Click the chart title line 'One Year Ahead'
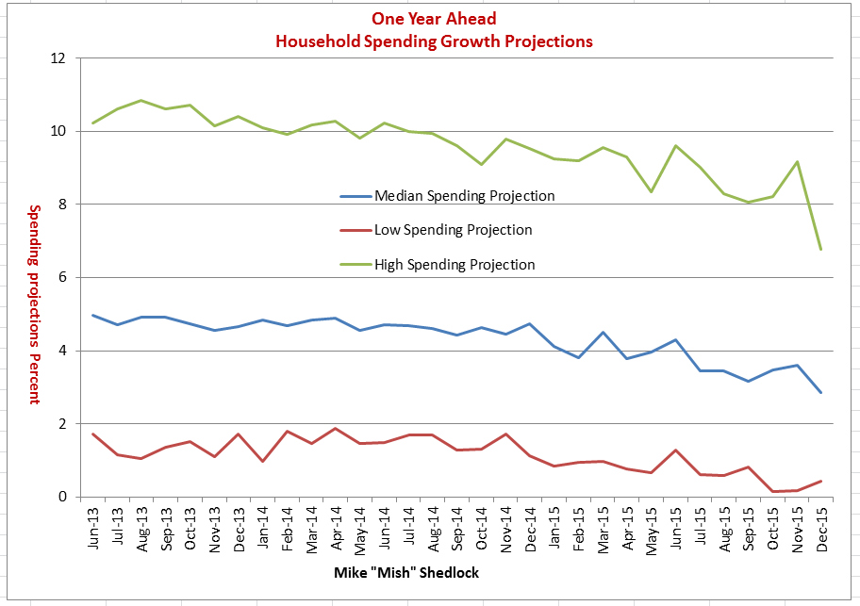click(434, 19)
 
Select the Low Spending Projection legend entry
click(453, 230)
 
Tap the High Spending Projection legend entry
click(455, 265)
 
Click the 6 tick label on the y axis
click(63, 278)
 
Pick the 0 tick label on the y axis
click(63, 497)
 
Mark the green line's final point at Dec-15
click(820, 249)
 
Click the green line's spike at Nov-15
click(797, 162)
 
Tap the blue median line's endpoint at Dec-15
click(820, 392)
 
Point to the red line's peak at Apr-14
click(335, 429)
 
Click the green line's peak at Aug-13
click(141, 101)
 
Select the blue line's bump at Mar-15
click(603, 333)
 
